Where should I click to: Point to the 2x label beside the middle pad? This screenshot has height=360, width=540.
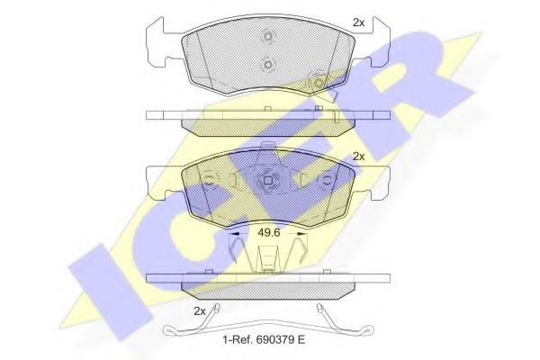tap(358, 156)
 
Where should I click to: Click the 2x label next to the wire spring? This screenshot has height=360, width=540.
tap(200, 310)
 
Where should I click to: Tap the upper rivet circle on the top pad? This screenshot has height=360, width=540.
tap(268, 39)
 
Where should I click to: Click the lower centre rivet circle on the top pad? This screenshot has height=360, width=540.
tap(268, 65)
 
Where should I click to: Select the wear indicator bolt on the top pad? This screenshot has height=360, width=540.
tap(317, 83)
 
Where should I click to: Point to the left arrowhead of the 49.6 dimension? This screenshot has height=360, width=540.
tap(237, 232)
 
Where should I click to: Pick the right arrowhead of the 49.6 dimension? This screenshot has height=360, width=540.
tap(302, 232)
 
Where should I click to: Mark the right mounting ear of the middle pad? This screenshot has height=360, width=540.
tap(377, 180)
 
